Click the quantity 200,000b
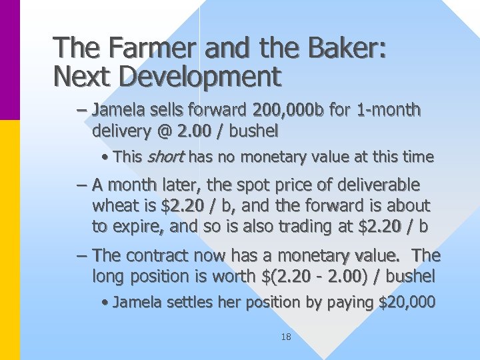coord(289,109)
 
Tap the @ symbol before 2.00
coord(164,130)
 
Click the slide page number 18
coord(285,337)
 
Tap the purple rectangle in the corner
coord(10,60)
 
